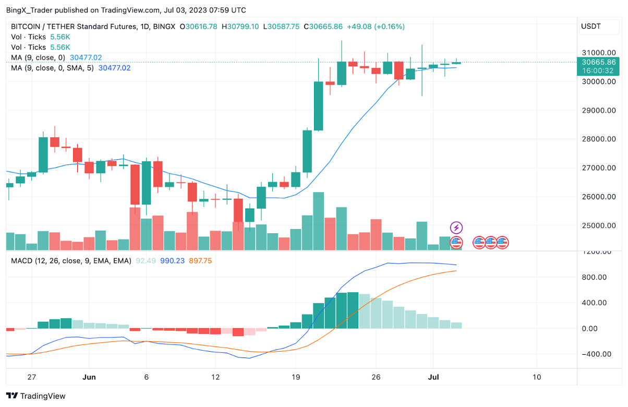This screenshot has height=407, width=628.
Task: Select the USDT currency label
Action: [x=590, y=26]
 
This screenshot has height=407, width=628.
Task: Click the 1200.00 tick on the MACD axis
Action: [x=599, y=252]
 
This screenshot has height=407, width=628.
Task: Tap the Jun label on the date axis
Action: [x=89, y=377]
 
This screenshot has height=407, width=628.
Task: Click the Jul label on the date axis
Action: [x=433, y=377]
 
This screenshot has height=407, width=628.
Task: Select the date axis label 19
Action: [x=296, y=377]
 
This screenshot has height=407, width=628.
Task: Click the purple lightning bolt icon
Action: [x=456, y=228]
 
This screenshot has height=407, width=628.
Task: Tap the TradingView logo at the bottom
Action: [x=36, y=396]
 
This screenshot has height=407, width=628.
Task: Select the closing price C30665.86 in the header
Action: [x=326, y=27]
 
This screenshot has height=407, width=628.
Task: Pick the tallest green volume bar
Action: [x=318, y=221]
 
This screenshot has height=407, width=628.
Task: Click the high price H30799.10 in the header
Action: [x=240, y=27]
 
